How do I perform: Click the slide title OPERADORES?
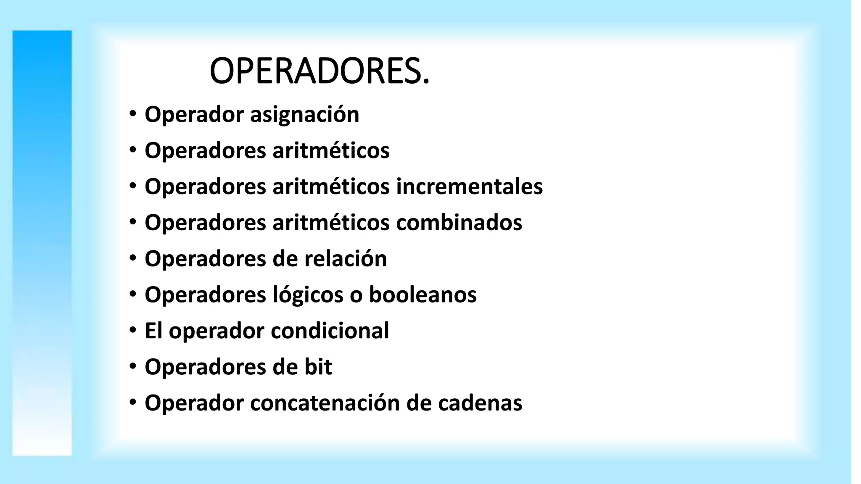click(320, 71)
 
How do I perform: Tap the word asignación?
click(304, 115)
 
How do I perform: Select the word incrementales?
click(469, 187)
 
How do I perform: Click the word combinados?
click(459, 223)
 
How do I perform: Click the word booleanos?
click(423, 295)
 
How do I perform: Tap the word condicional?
click(330, 331)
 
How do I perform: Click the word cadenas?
click(480, 403)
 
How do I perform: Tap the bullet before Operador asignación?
click(133, 114)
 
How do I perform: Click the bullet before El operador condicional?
click(133, 330)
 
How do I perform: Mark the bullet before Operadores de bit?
click(133, 366)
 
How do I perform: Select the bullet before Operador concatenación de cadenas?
click(133, 402)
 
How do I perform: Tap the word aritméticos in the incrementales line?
click(331, 187)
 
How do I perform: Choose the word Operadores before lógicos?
click(205, 295)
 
